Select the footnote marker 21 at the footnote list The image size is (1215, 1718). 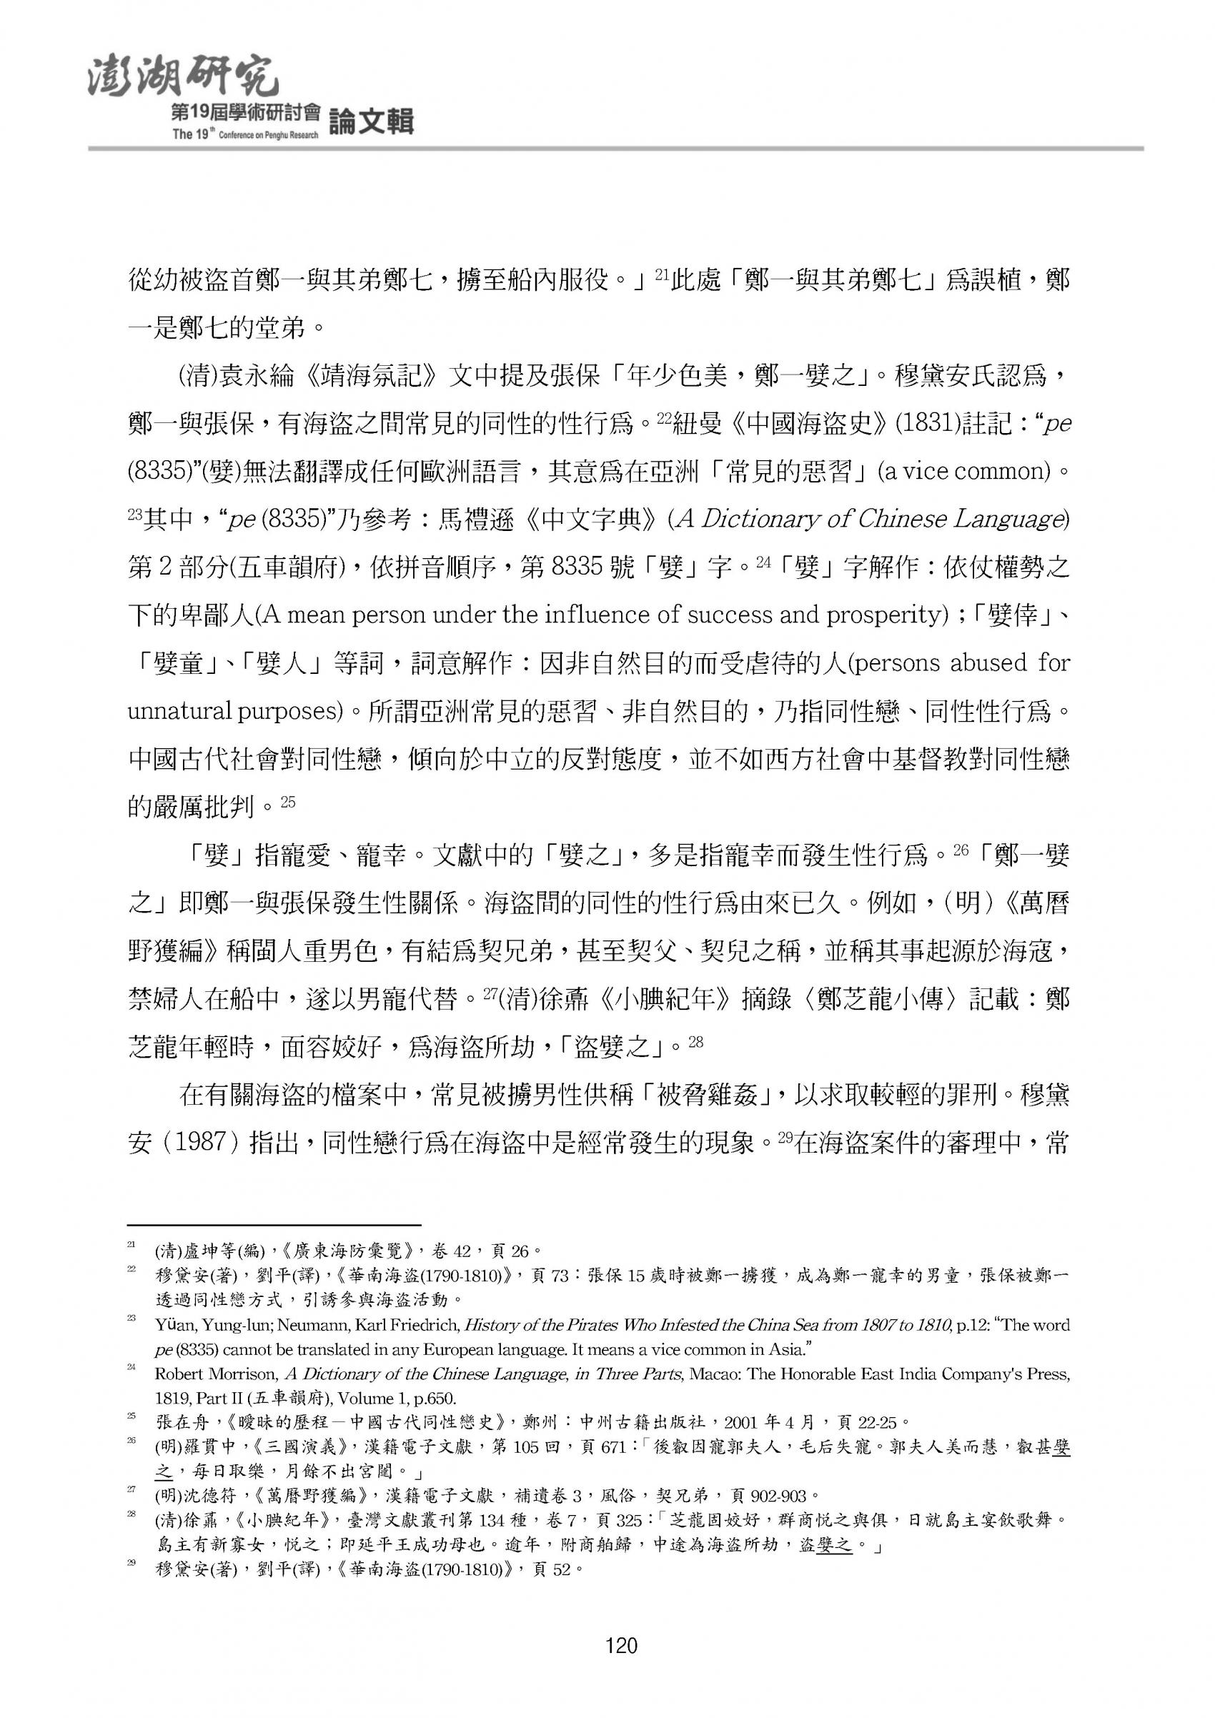coord(132,1244)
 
